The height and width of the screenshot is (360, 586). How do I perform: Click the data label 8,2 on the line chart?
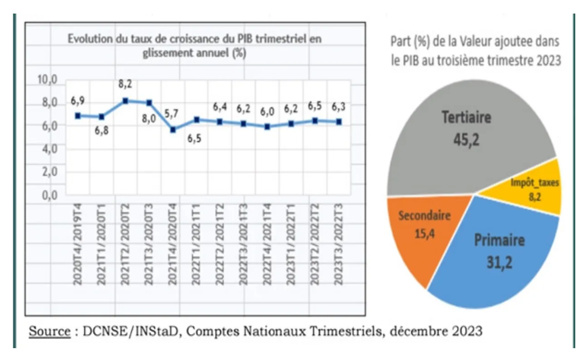(x=126, y=83)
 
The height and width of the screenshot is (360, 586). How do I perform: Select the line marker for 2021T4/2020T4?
(x=172, y=130)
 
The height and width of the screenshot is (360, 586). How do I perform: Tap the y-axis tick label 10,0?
(x=47, y=80)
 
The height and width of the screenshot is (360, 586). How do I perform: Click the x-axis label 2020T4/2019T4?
(x=78, y=245)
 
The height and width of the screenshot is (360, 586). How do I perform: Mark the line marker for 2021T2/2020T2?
(x=126, y=101)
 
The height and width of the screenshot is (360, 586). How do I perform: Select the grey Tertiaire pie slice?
(x=454, y=136)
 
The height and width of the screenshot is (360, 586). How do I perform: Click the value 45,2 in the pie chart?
(x=466, y=139)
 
